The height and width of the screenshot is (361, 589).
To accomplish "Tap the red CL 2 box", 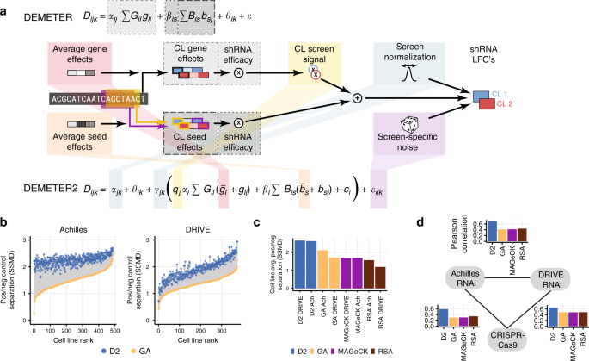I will [487, 105].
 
